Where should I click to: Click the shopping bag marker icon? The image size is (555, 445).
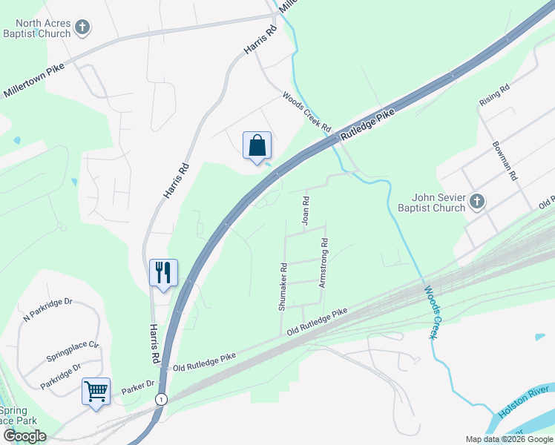(x=257, y=145)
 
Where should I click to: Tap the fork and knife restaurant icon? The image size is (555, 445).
(x=163, y=272)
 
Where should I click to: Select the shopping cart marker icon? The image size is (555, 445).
(x=96, y=391)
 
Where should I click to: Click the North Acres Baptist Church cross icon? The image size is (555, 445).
(x=82, y=28)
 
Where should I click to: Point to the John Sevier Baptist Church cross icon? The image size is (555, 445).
(x=477, y=201)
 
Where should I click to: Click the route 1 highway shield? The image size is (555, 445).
(x=160, y=399)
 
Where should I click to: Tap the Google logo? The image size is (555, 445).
(x=24, y=436)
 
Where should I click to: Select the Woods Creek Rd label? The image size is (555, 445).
(x=306, y=110)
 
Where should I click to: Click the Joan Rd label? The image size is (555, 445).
(x=305, y=210)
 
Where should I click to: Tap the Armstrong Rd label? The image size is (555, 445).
(x=324, y=263)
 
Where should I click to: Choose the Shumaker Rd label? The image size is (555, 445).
(x=283, y=286)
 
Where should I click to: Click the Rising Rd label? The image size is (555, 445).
(x=494, y=97)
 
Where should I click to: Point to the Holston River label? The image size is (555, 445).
(x=524, y=400)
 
